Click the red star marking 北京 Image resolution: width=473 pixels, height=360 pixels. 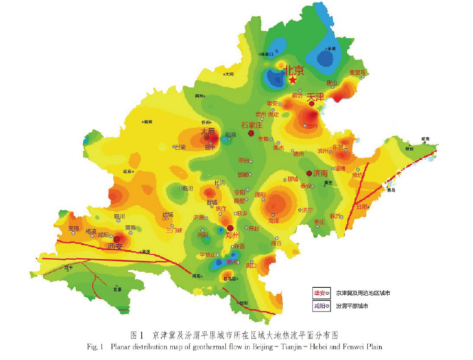293,80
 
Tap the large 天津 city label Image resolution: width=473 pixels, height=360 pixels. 316,97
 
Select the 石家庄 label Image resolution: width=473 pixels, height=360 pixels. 253,125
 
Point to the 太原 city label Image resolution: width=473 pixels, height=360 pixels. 208,131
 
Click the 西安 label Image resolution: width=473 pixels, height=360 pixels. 115,245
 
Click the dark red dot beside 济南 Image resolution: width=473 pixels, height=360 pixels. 309,173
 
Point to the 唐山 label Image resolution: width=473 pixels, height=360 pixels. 332,83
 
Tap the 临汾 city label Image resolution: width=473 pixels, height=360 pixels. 186,188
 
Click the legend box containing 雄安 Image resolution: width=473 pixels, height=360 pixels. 322,293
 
